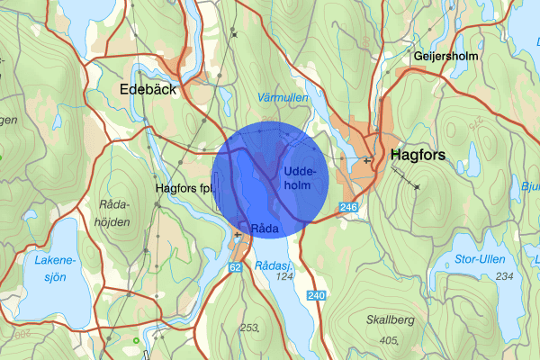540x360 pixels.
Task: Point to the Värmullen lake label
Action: (x=282, y=96)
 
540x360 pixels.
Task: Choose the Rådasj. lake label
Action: (x=274, y=265)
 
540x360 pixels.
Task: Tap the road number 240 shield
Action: (x=316, y=296)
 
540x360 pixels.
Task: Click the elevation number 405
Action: (x=389, y=339)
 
